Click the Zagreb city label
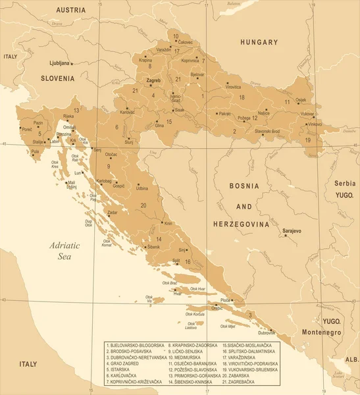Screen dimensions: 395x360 pyautogui.click(x=153, y=80)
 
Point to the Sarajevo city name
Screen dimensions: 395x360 pyautogui.click(x=291, y=231)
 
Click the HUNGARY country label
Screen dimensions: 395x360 pyautogui.click(x=259, y=41)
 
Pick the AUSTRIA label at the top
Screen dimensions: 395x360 pyautogui.click(x=72, y=10)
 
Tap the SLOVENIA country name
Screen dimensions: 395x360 pyautogui.click(x=57, y=78)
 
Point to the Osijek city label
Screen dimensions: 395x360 pyautogui.click(x=301, y=99)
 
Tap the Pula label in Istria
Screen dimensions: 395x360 pyautogui.click(x=35, y=151)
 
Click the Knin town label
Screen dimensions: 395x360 pyautogui.click(x=168, y=224)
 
